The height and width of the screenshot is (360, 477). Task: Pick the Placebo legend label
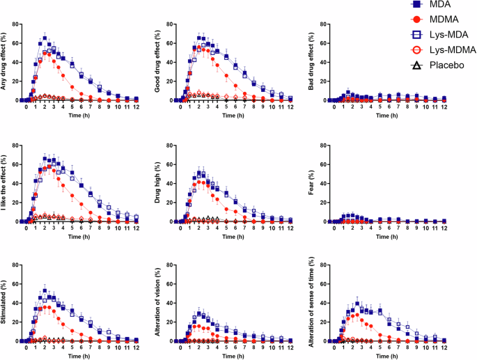tap(451, 63)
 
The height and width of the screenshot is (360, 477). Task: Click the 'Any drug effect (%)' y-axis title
tap(6, 63)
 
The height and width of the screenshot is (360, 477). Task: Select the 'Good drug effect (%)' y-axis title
tap(155, 63)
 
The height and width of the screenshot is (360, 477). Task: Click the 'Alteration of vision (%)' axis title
tap(155, 306)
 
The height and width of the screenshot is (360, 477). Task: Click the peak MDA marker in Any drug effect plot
tap(45, 38)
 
